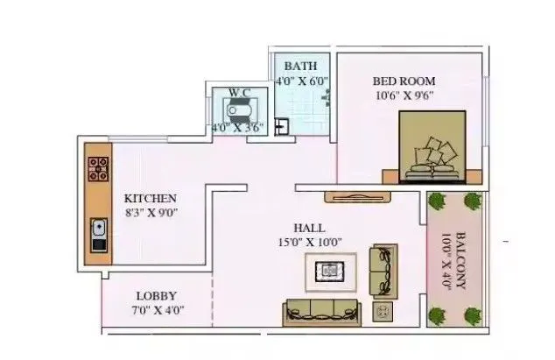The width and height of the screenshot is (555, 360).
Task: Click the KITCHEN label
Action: pos(150,198)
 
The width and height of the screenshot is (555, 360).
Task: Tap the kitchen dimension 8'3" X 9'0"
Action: pos(151,214)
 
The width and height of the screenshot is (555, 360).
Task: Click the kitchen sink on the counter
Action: pos(98,233)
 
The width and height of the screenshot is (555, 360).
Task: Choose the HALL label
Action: pos(313,226)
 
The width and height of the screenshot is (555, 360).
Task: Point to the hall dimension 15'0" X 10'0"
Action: pos(313,242)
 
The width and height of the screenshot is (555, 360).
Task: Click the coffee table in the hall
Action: pos(330,271)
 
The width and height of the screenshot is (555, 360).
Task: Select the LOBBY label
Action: pos(157,296)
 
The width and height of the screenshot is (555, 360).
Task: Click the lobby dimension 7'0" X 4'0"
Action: pos(158,311)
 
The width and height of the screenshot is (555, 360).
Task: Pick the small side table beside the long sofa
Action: pos(382,311)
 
